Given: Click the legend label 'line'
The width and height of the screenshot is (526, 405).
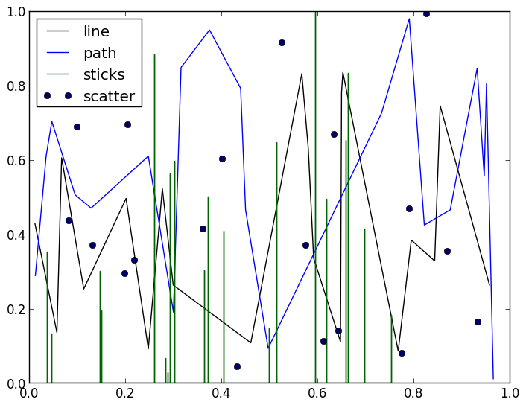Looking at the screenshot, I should [x=96, y=32].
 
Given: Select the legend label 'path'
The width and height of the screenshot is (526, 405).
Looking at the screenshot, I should [x=99, y=54].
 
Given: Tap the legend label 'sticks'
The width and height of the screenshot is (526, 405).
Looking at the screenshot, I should [x=104, y=74].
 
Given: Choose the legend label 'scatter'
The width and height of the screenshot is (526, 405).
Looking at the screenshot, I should [x=109, y=96].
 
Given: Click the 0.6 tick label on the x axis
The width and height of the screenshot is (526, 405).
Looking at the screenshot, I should [x=317, y=392].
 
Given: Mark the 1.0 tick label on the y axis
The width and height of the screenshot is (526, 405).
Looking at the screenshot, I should [x=15, y=12].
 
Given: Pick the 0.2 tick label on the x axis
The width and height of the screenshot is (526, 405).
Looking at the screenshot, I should [x=125, y=392].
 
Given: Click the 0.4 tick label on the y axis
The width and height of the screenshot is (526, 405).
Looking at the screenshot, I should [x=15, y=235].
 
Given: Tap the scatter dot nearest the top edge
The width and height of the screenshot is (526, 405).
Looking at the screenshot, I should [x=426, y=13].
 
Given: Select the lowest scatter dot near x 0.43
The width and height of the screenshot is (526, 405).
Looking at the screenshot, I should [x=237, y=366].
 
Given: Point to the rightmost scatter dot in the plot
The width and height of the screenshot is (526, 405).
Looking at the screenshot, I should [x=478, y=322].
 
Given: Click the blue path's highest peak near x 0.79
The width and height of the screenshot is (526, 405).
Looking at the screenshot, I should [x=409, y=19].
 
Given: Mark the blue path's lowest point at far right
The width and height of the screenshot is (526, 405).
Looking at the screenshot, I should [x=493, y=378].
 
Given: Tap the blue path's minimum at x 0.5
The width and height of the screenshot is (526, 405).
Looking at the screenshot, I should [x=268, y=348].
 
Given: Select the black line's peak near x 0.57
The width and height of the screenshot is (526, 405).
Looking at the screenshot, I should [x=302, y=74].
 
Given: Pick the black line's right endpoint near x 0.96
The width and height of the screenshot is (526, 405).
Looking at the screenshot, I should [x=489, y=285].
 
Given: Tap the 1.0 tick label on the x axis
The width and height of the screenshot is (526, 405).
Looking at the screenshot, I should [x=510, y=392].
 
